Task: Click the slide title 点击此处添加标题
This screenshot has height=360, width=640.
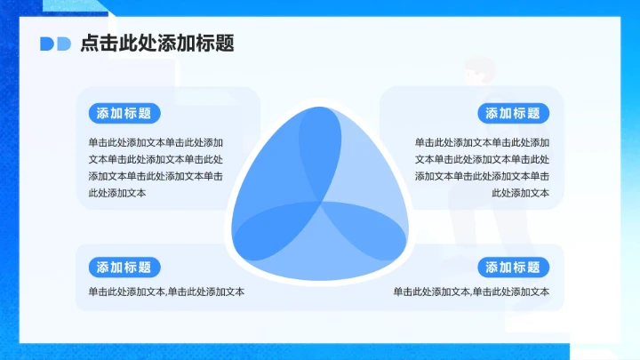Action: [156, 44]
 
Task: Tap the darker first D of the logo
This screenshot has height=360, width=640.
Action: [46, 44]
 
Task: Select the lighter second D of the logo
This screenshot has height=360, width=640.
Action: [63, 44]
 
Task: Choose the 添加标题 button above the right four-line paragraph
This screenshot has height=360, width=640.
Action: [513, 113]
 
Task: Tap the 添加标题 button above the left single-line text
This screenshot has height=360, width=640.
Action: [124, 267]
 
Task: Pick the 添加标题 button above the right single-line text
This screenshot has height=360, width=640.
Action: [513, 267]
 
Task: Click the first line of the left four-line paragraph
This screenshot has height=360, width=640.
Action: [156, 142]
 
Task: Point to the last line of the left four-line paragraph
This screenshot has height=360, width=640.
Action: [117, 193]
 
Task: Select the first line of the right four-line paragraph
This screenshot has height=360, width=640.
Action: [482, 142]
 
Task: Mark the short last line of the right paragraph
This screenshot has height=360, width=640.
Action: [520, 193]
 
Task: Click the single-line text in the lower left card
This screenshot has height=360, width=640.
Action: [166, 292]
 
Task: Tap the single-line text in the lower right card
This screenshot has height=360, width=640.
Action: [471, 292]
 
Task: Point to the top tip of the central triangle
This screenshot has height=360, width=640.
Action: [320, 109]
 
